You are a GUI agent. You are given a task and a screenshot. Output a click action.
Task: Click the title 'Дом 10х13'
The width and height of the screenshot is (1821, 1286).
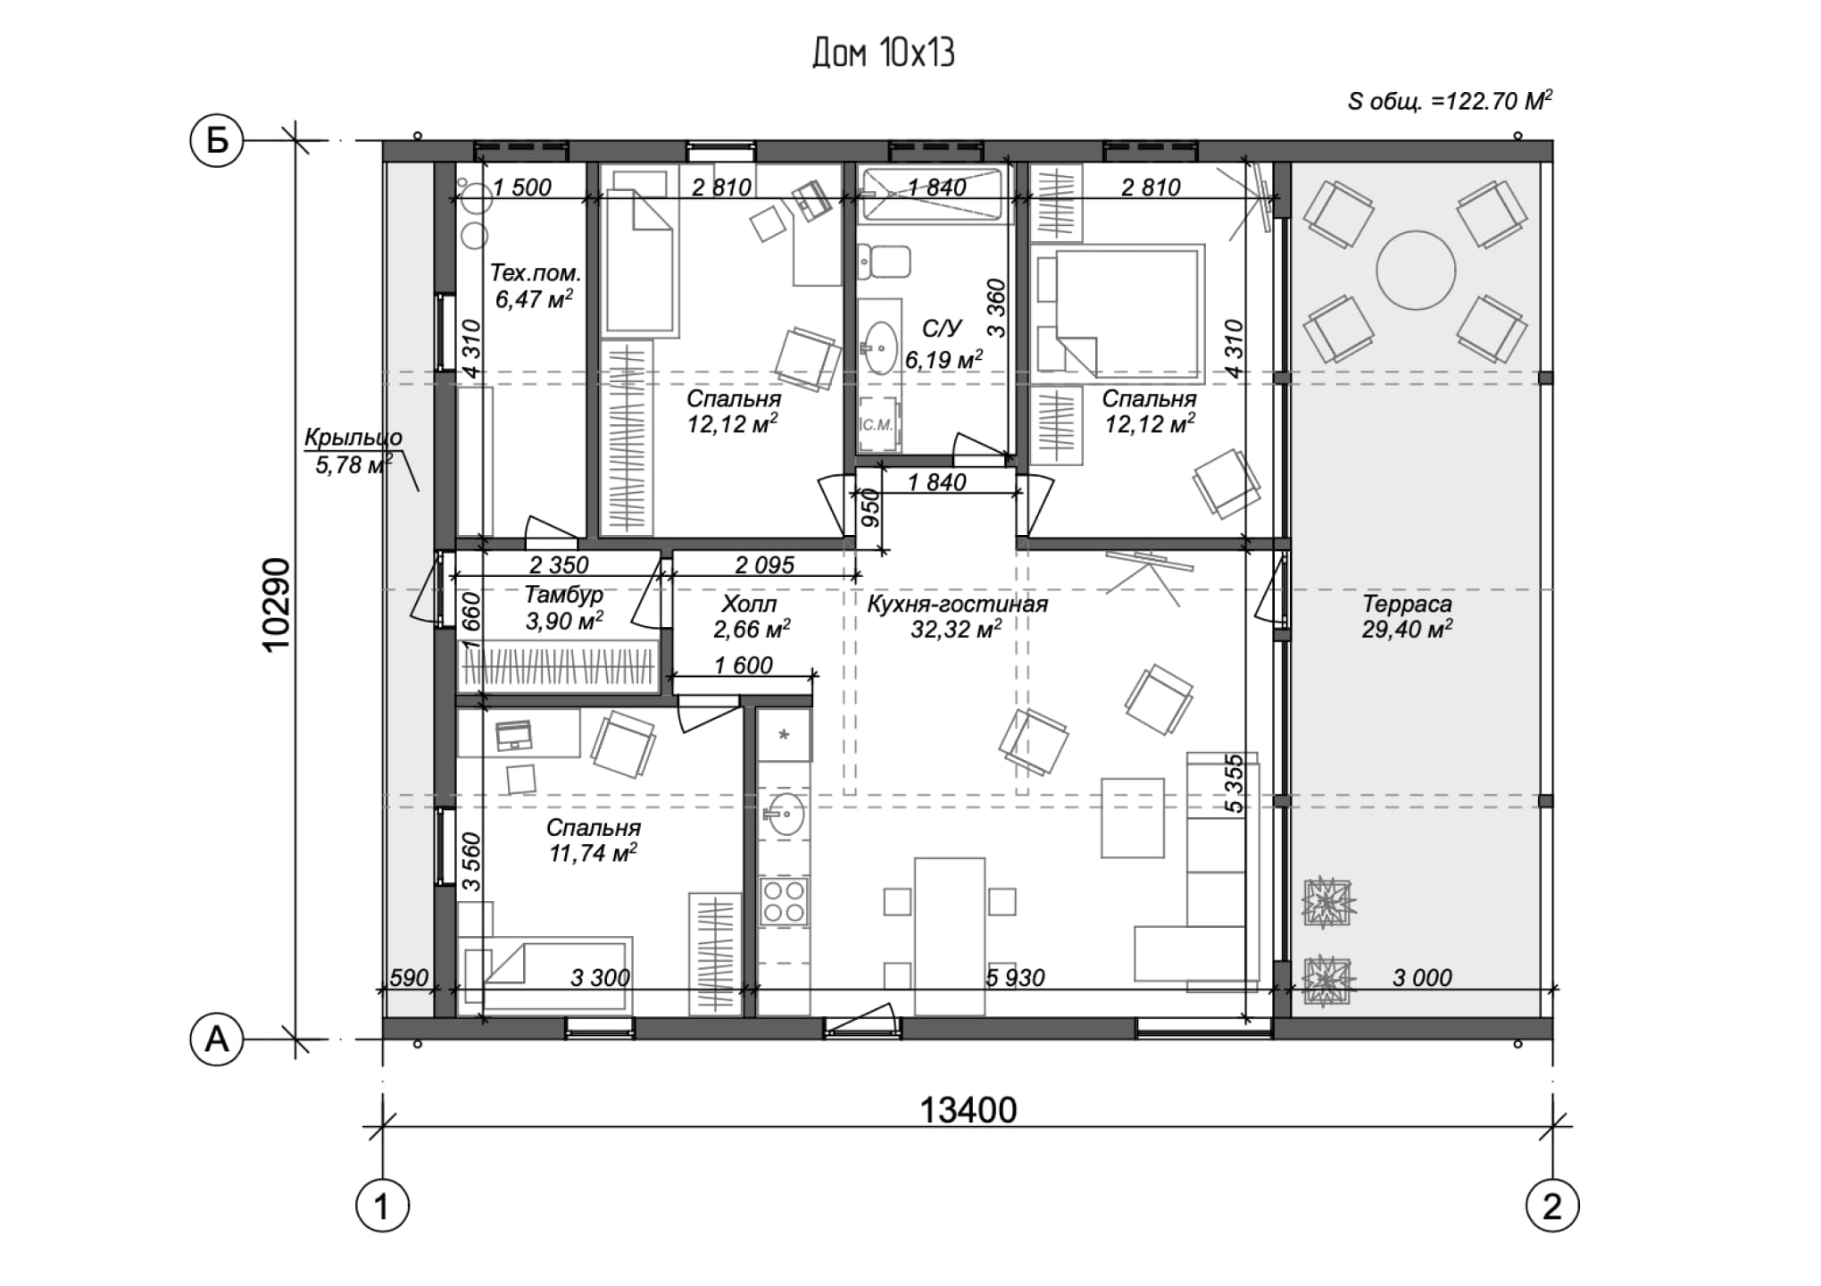click(x=883, y=54)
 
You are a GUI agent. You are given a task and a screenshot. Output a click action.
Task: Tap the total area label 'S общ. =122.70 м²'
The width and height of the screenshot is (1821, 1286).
click(x=1450, y=101)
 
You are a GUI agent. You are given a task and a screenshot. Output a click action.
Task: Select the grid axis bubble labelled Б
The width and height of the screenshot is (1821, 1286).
click(x=217, y=140)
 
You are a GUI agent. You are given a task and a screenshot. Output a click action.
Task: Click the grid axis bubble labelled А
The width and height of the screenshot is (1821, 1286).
click(x=217, y=1040)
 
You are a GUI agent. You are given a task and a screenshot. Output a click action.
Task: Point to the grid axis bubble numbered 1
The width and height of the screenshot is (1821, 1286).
click(x=382, y=1207)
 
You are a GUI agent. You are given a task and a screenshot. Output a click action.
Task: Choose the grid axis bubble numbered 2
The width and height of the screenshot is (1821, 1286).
click(x=1552, y=1207)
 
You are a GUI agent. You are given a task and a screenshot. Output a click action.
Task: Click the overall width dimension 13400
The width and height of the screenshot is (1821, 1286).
click(x=968, y=1110)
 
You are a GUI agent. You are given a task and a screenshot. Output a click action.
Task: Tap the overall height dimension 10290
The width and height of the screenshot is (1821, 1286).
click(x=278, y=605)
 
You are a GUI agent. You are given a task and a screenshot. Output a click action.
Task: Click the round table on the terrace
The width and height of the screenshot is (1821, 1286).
click(x=1416, y=270)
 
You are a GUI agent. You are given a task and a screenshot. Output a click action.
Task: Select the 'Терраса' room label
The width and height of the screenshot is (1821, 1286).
click(x=1407, y=604)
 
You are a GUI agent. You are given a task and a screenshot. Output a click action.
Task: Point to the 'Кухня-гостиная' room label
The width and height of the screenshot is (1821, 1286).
click(x=957, y=605)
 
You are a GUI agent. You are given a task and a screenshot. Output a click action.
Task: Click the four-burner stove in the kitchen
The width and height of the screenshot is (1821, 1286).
click(x=784, y=901)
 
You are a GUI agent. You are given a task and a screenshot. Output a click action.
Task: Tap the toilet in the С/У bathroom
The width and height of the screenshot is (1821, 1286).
click(x=884, y=261)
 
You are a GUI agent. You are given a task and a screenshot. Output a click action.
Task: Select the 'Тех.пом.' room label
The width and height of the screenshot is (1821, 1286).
click(x=535, y=272)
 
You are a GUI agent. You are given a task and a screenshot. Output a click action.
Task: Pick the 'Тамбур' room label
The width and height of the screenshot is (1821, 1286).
click(x=563, y=594)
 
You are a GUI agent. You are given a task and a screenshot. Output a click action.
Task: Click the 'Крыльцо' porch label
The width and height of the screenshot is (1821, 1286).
click(x=353, y=438)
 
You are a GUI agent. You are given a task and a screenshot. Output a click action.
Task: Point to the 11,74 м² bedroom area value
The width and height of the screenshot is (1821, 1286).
click(x=593, y=854)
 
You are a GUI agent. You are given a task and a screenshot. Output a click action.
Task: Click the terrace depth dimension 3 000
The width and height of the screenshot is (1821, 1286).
click(x=1422, y=978)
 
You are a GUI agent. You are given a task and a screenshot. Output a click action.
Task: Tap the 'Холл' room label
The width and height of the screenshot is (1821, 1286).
click(x=750, y=604)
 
